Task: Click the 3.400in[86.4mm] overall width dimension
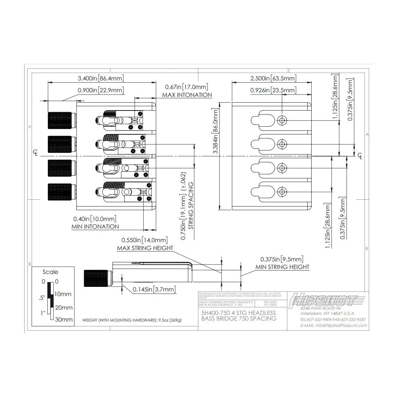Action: click(101, 78)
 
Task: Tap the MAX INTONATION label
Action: click(187, 95)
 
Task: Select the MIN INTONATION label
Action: click(95, 227)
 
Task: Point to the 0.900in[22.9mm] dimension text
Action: click(101, 90)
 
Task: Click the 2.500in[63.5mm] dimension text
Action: click(273, 78)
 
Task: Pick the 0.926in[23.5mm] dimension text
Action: click(273, 90)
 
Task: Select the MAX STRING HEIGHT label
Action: click(145, 248)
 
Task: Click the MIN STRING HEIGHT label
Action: click(282, 267)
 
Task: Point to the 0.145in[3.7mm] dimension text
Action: click(154, 289)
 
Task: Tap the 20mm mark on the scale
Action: click(64, 308)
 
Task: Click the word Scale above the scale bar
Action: click(50, 272)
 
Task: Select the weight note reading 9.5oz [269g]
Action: click(132, 320)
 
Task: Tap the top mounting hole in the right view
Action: click(282, 120)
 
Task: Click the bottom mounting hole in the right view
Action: click(282, 191)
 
